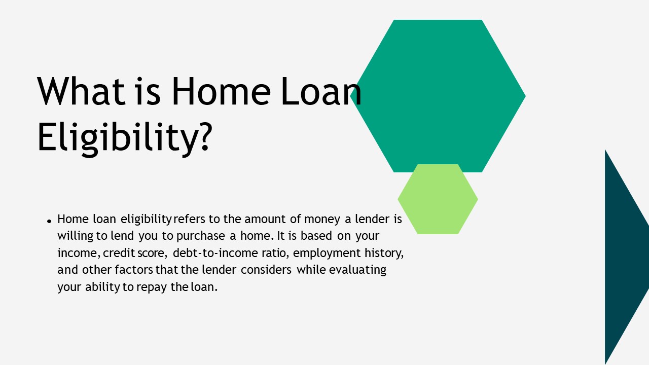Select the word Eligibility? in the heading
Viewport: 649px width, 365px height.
click(124, 136)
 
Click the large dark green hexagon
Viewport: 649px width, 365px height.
click(437, 95)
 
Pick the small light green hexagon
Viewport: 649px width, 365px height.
click(438, 199)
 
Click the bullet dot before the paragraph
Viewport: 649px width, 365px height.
click(49, 221)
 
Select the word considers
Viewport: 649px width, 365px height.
click(266, 269)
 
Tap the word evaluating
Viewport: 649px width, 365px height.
click(357, 269)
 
